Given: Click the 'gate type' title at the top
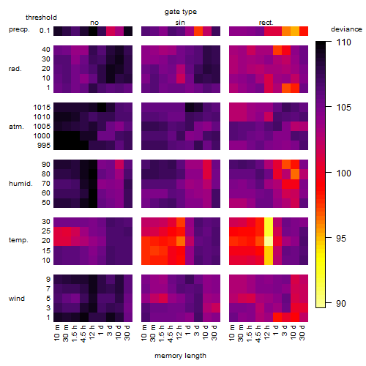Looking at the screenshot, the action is tap(181, 12).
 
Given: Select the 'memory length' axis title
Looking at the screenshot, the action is tap(180, 356).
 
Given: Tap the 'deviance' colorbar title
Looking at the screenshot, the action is tap(346, 29).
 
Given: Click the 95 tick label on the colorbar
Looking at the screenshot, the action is tap(341, 239).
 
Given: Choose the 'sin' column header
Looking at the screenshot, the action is tap(180, 23).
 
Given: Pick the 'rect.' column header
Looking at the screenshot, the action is tap(266, 23).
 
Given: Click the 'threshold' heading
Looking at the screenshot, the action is tap(41, 18).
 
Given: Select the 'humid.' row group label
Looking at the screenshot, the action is tap(20, 184).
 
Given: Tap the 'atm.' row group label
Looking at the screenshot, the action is tap(16, 127).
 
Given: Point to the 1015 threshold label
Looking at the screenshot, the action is tap(42, 108).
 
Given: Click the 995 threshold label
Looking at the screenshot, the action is tap(44, 146).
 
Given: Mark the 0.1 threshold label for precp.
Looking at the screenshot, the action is tap(45, 31).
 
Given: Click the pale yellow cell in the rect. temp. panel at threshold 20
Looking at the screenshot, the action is tap(269, 241).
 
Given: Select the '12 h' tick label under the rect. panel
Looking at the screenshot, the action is tap(267, 332).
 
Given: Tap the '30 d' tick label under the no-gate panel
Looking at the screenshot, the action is tap(127, 332).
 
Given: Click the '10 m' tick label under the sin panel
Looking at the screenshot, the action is tap(144, 332).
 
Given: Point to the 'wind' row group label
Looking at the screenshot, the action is tap(17, 299).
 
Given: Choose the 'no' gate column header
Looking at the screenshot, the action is tap(94, 23).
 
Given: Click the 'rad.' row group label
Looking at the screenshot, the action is tap(15, 69).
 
